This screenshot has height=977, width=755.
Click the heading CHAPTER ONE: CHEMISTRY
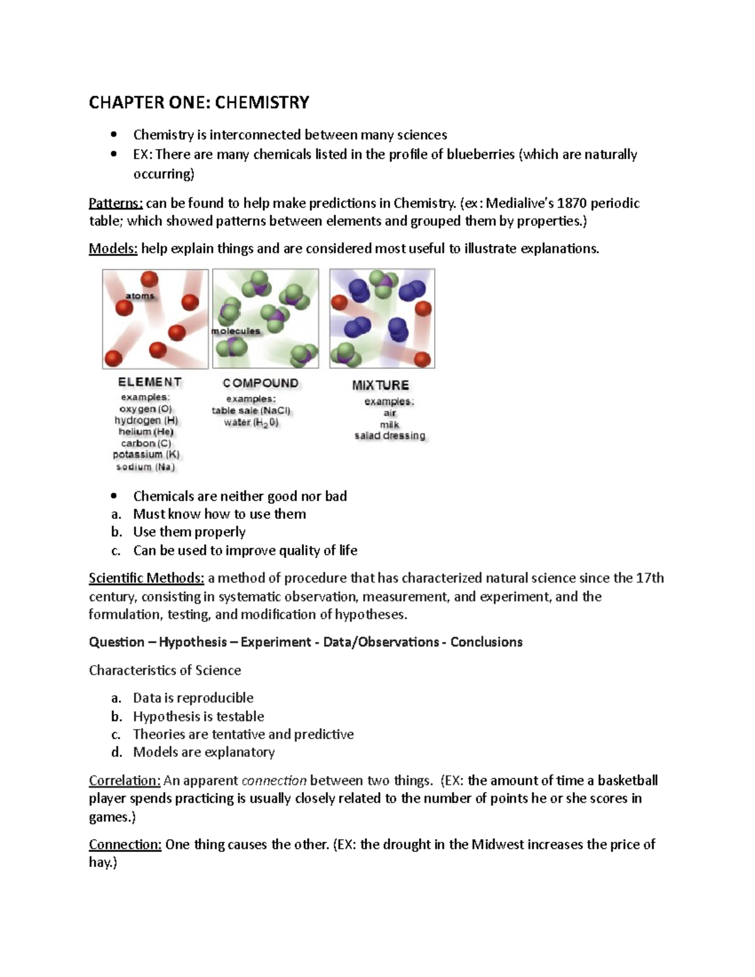click(x=199, y=103)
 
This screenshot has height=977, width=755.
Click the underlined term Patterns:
click(x=116, y=203)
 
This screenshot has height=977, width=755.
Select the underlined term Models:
click(x=113, y=248)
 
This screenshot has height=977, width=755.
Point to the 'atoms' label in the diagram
click(x=140, y=296)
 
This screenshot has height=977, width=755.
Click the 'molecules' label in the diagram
click(x=236, y=331)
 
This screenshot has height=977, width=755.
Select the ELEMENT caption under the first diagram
click(x=150, y=382)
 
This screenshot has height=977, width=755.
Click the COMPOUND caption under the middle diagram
click(x=260, y=383)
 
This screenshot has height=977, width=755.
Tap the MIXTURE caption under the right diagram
click(x=380, y=385)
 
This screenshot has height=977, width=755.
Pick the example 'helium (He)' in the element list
click(x=146, y=432)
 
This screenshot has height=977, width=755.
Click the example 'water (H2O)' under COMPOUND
click(x=251, y=423)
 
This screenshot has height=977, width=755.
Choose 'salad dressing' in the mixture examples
click(x=389, y=435)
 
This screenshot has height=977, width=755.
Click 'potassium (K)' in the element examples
click(x=146, y=454)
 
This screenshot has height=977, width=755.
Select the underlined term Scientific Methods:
click(x=147, y=578)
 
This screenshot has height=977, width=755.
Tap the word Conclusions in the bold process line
click(x=486, y=642)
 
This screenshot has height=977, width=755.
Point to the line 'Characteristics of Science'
click(x=165, y=671)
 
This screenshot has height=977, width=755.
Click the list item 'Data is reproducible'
click(x=193, y=698)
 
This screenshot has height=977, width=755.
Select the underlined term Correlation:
click(x=125, y=781)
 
